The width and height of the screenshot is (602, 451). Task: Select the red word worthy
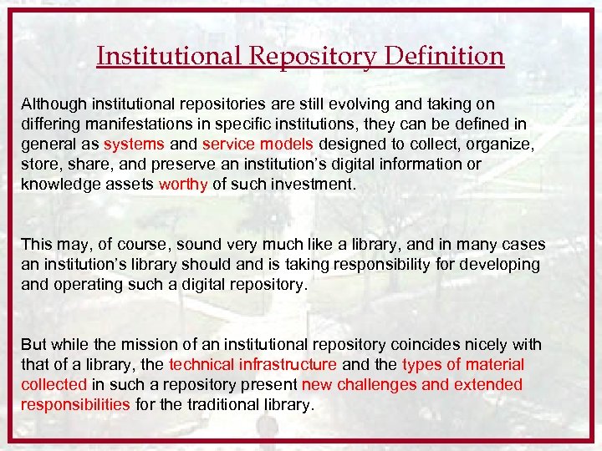tap(183, 185)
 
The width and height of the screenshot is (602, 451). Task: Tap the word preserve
tap(184, 165)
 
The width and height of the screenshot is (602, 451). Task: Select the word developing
tap(499, 265)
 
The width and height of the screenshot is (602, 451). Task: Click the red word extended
tap(487, 385)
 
